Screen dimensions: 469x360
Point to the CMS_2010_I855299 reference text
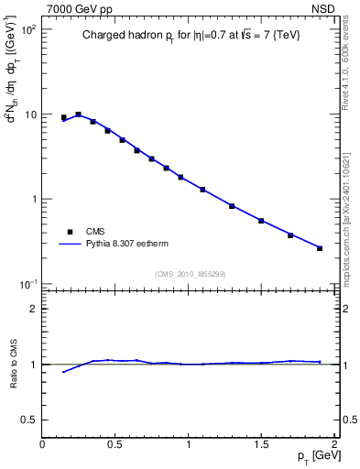190,274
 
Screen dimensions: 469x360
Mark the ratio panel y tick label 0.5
27,420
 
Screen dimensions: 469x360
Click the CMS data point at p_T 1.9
320,248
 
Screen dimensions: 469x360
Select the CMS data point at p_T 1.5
261,221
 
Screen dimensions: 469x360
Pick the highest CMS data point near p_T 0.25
79,115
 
